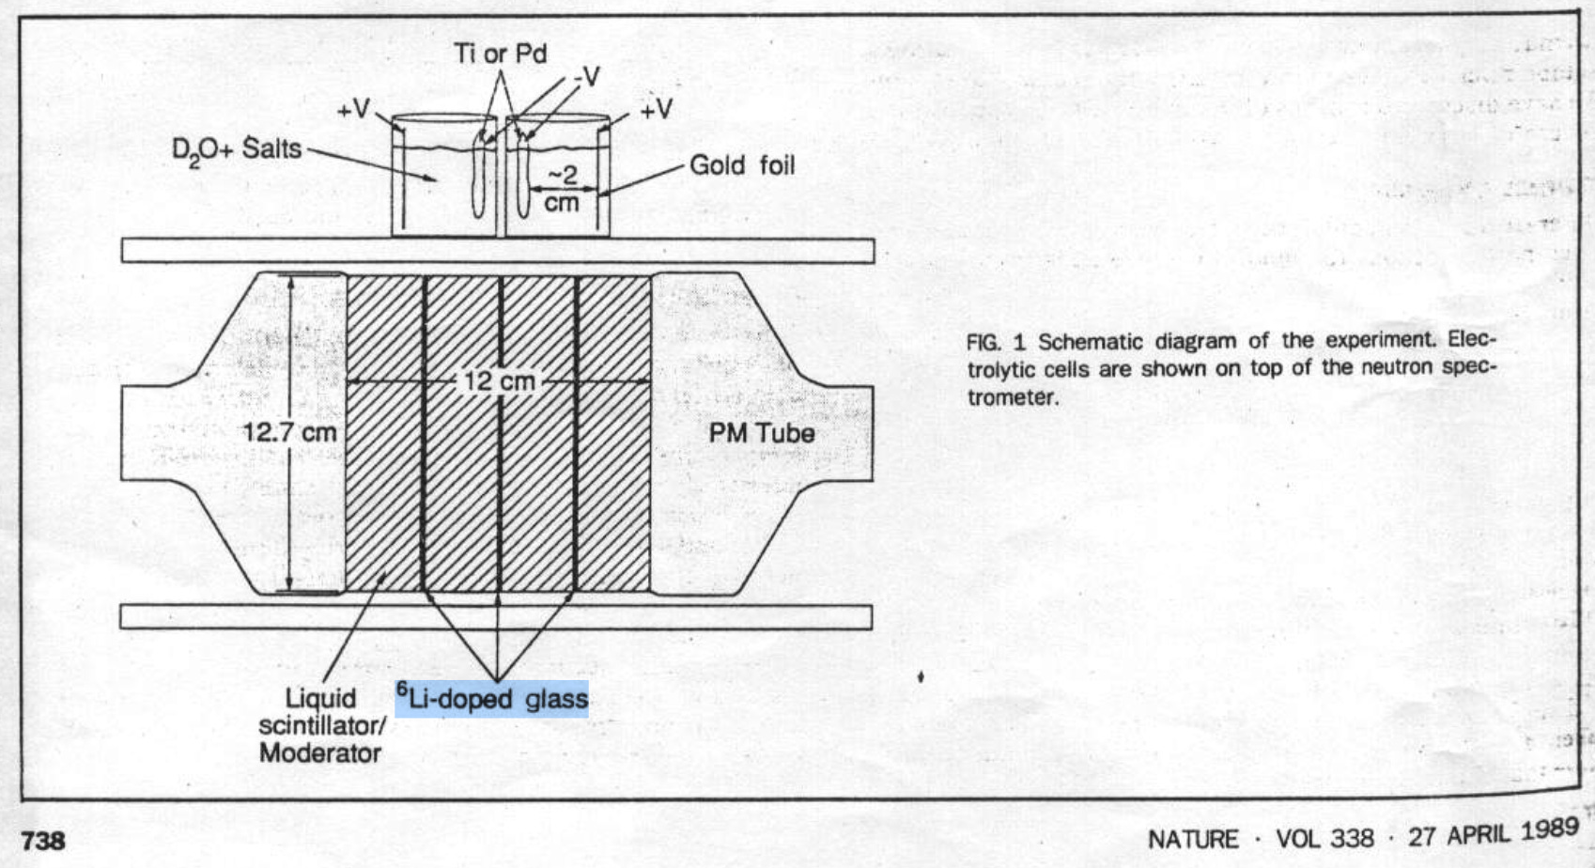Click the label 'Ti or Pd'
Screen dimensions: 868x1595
[x=500, y=54]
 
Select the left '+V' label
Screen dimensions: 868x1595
[x=353, y=110]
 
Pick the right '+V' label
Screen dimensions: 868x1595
[x=656, y=110]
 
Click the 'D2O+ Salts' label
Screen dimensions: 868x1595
[x=237, y=149]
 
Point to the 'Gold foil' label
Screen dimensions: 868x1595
[x=742, y=165]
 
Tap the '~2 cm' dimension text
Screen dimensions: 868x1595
[x=562, y=189]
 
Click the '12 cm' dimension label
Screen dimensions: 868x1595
[x=499, y=381]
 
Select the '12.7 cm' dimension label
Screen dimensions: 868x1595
[x=289, y=432]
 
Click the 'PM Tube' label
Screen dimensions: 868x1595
[x=761, y=433]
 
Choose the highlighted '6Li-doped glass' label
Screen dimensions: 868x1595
[x=492, y=699]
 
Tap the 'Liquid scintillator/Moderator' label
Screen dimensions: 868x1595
[x=320, y=725]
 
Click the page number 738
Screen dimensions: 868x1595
[x=43, y=840]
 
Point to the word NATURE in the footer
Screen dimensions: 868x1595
[x=1193, y=838]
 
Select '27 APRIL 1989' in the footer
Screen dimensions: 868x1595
[x=1494, y=833]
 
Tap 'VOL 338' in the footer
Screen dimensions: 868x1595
[x=1324, y=837]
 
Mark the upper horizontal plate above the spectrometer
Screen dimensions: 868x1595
[x=497, y=251]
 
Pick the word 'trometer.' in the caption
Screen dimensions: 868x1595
[x=1013, y=397]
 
